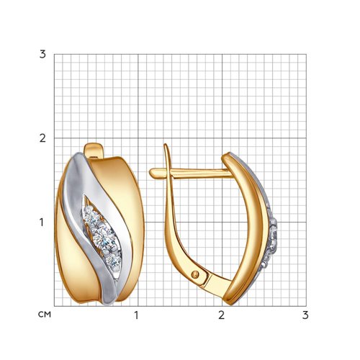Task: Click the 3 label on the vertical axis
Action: click(42, 55)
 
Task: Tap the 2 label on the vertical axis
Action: click(42, 138)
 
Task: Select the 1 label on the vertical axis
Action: click(42, 222)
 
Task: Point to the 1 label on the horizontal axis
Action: click(136, 315)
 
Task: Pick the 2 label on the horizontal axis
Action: click(222, 315)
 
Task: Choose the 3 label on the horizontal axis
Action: click(305, 315)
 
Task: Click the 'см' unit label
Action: click(45, 315)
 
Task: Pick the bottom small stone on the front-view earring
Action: click(113, 261)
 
